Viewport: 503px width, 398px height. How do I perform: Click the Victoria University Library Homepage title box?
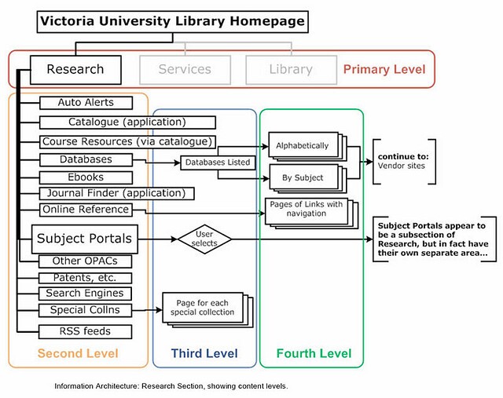172,22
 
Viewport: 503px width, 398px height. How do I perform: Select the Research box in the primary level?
75,69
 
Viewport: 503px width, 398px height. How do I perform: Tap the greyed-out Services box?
185,69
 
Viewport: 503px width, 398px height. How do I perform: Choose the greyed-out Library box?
291,69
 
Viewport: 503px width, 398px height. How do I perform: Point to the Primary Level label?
384,69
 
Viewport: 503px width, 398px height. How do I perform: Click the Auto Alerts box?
86,103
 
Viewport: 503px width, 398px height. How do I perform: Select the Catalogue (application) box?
127,122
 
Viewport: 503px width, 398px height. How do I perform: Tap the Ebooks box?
86,177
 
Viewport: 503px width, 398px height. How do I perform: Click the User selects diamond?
204,238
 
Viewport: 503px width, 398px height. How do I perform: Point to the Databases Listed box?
217,163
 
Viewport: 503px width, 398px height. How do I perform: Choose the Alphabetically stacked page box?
303,146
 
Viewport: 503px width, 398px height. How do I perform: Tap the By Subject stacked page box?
303,177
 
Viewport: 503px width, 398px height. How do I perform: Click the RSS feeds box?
86,330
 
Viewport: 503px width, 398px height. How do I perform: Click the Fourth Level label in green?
314,354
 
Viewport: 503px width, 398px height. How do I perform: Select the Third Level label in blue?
205,354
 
